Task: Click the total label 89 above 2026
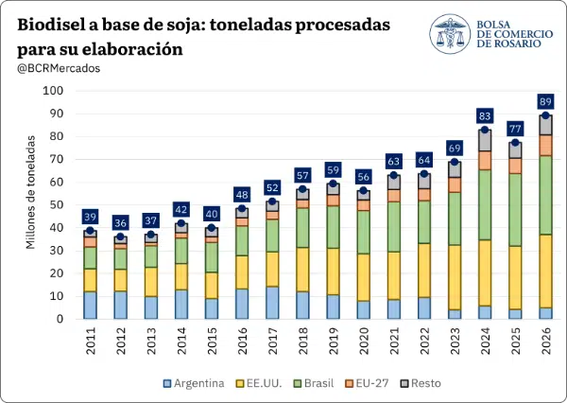click(x=545, y=102)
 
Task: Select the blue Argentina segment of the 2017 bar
click(x=272, y=303)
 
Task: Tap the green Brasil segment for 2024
click(x=485, y=205)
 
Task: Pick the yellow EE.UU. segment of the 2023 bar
click(x=455, y=277)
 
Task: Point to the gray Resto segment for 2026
click(x=545, y=125)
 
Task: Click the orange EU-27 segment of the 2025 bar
click(x=515, y=166)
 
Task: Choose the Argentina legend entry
click(x=194, y=383)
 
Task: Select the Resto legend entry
click(x=421, y=383)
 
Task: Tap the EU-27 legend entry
click(x=367, y=383)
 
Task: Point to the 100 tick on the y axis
click(x=53, y=91)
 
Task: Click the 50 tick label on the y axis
click(x=56, y=205)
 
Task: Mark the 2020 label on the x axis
click(x=364, y=341)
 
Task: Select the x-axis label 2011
click(x=91, y=341)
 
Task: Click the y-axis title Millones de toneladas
click(x=31, y=192)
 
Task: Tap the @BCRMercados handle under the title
click(x=59, y=68)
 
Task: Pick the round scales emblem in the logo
click(x=450, y=34)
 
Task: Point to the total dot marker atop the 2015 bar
click(x=212, y=228)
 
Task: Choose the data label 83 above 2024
click(x=485, y=115)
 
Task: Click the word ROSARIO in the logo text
click(x=508, y=44)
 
